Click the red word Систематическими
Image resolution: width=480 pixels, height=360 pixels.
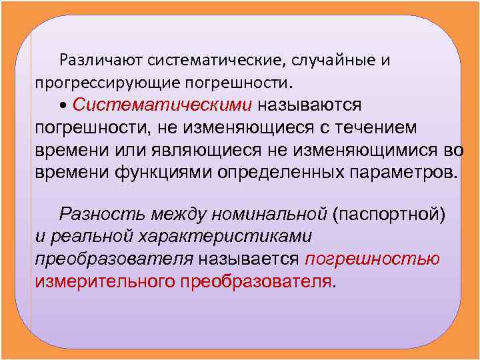tap(163, 105)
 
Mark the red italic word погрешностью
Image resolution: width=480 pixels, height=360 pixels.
tap(372, 259)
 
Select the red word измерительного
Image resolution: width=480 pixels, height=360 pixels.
tap(105, 281)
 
